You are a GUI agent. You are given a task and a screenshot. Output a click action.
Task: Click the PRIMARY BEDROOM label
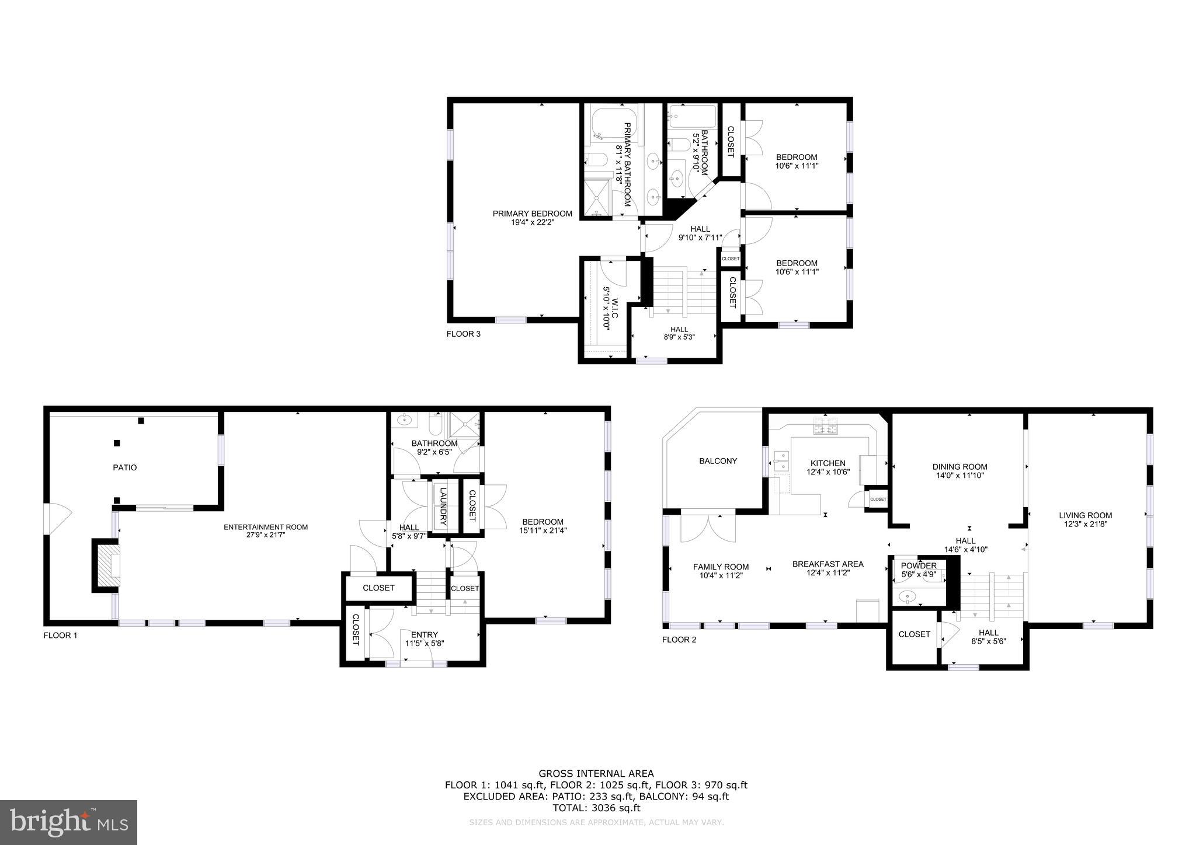(532, 214)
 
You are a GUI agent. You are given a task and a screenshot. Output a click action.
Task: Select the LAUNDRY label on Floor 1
(443, 506)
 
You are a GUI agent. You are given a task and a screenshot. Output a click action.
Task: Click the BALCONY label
(718, 461)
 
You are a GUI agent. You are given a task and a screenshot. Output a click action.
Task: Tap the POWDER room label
(919, 565)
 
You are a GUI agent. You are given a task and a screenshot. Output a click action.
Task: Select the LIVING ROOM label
(1085, 515)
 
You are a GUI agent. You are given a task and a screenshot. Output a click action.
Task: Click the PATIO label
(124, 467)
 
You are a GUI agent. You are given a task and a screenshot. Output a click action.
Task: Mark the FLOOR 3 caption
(463, 334)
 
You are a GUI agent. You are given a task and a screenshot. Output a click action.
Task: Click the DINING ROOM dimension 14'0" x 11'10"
(959, 475)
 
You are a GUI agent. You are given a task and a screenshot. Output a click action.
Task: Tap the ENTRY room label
(424, 635)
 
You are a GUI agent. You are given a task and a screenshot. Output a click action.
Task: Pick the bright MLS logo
(69, 822)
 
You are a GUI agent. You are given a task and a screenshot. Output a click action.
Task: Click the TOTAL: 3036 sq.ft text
(596, 808)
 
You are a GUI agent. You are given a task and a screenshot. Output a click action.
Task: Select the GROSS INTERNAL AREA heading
(596, 774)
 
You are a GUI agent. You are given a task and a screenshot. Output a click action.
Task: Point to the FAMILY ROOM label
(721, 567)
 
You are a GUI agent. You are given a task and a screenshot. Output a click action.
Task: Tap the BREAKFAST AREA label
(828, 564)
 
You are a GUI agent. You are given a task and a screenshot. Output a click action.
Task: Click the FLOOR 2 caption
(679, 640)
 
